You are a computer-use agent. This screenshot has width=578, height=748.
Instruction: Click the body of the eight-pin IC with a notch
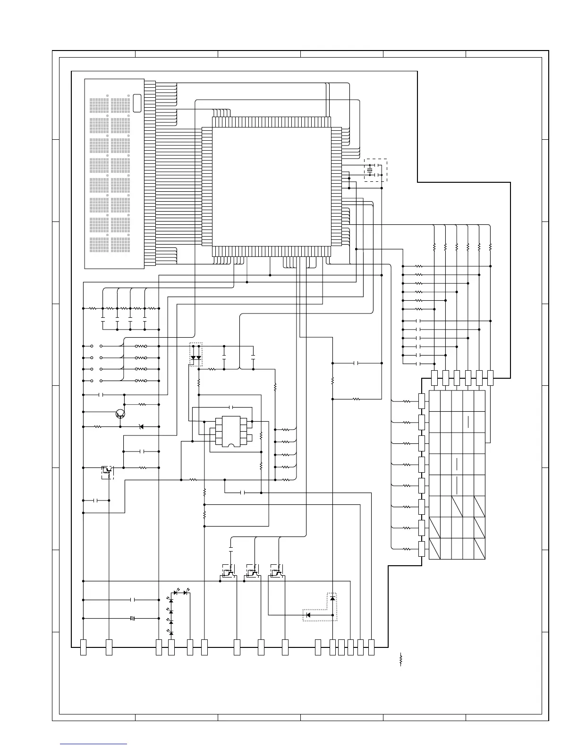[228, 430]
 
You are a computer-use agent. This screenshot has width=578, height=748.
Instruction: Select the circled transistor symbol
[120, 414]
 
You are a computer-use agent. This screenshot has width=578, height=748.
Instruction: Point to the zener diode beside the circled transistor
[141, 427]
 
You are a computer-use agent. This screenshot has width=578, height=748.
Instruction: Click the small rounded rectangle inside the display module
[137, 103]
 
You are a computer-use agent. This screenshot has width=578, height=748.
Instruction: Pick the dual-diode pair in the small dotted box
[195, 357]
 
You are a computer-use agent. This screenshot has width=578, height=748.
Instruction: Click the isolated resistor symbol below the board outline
[400, 659]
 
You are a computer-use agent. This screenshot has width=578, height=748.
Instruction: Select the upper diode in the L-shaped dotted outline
[332, 598]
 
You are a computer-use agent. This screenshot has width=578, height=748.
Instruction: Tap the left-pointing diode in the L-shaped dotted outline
[308, 615]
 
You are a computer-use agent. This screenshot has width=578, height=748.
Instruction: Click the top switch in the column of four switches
[96, 346]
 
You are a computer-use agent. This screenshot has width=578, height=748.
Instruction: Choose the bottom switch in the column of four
[96, 381]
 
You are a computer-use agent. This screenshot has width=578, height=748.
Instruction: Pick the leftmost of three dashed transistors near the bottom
[229, 572]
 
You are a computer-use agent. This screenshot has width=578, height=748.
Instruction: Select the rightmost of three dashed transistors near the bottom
[277, 572]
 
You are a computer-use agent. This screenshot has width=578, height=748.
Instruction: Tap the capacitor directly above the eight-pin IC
[231, 407]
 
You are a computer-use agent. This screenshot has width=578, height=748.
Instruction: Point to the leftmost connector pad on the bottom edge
[84, 647]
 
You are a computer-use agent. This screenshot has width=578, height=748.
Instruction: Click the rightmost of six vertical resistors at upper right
[490, 246]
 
